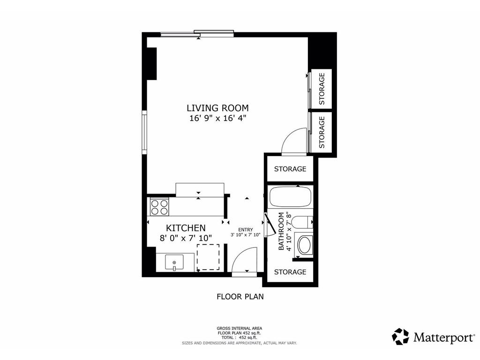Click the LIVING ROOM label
pyautogui.click(x=217, y=108)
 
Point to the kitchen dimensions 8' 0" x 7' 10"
pyautogui.click(x=186, y=238)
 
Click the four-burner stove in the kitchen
pyautogui.click(x=159, y=207)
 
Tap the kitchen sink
pyautogui.click(x=174, y=262)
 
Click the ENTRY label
pyautogui.click(x=245, y=229)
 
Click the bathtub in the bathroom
pyautogui.click(x=290, y=197)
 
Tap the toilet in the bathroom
pyautogui.click(x=303, y=222)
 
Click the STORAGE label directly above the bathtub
pyautogui.click(x=290, y=169)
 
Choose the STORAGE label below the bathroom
pyautogui.click(x=290, y=272)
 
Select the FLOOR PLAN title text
pyautogui.click(x=240, y=296)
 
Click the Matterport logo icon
pyautogui.click(x=400, y=337)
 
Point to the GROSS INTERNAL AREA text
pyautogui.click(x=240, y=328)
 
